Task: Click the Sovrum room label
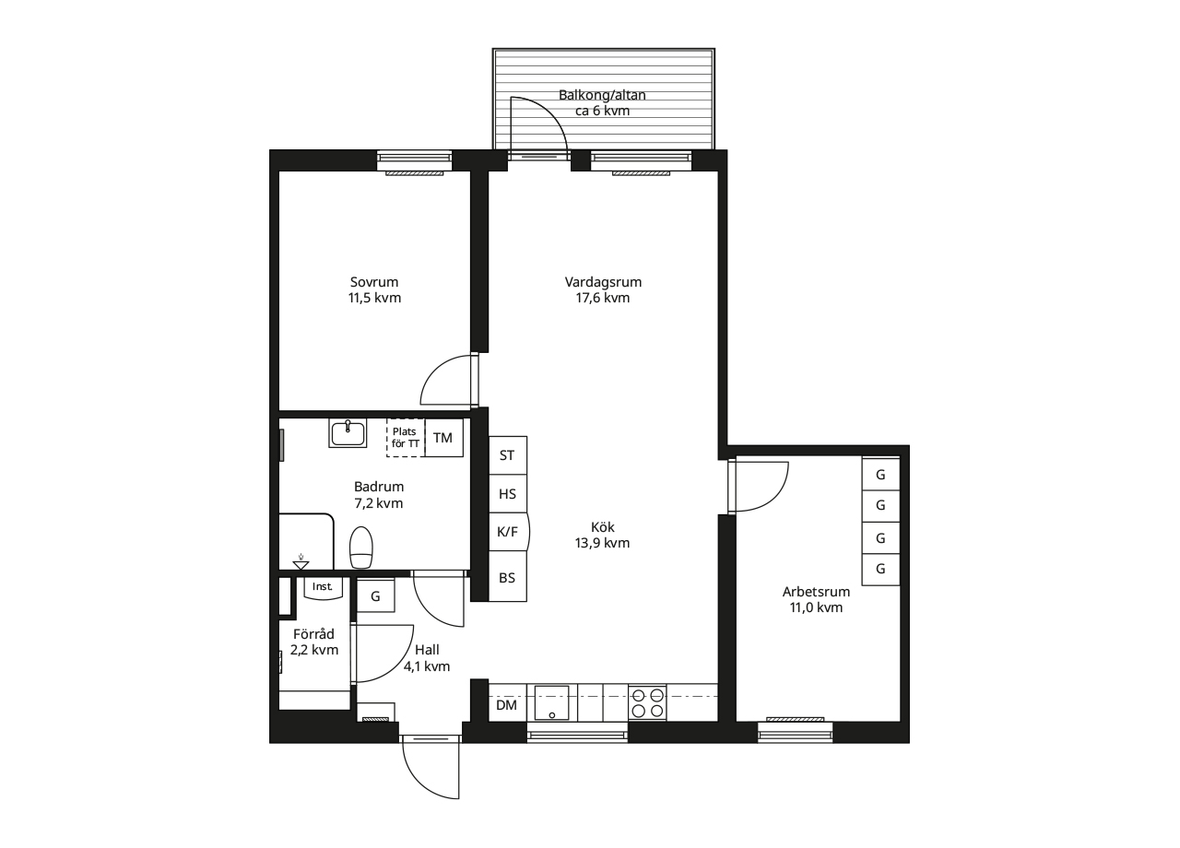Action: coord(374,289)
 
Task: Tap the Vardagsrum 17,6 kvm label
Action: coord(603,289)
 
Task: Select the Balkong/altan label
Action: coord(603,102)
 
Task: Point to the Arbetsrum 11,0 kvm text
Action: coord(816,599)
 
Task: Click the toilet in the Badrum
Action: coord(361,548)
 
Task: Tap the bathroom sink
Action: coord(348,432)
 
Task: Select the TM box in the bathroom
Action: coord(443,438)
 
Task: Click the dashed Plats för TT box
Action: coord(405,438)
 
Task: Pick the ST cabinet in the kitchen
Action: coord(507,455)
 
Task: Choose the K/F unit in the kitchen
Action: coord(507,532)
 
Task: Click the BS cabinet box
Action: coord(507,578)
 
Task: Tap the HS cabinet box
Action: coord(507,494)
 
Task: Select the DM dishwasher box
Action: coord(506,705)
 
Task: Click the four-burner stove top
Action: coord(647,703)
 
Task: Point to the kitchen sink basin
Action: coord(552,702)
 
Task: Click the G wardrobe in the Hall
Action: coord(375,596)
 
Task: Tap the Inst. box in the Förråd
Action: coord(323,587)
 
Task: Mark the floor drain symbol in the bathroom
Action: coord(301,561)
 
